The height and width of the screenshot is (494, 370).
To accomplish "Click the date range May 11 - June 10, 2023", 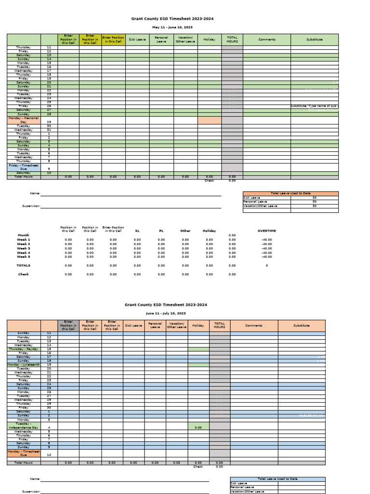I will tap(172, 27).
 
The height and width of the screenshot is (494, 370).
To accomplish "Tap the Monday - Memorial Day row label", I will tap(24, 120).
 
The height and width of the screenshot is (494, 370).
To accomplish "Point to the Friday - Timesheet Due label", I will tap(24, 167).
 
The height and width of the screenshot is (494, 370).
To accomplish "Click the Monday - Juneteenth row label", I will tap(24, 364).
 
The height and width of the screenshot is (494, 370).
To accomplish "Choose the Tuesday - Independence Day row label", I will tap(24, 425).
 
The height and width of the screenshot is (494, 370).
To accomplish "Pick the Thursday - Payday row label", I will tap(24, 349).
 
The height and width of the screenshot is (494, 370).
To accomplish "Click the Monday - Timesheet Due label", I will tap(24, 453).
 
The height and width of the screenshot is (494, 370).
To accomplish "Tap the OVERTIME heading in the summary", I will tap(266, 231).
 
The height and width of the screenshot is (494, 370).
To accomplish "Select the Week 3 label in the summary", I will tap(24, 248).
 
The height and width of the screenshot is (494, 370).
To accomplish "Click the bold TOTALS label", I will tap(24, 265).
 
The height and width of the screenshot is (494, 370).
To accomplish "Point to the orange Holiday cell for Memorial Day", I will tap(209, 120).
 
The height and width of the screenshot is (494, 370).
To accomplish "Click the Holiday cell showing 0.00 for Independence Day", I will tap(198, 427).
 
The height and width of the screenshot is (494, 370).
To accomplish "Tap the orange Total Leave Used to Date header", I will tap(291, 193).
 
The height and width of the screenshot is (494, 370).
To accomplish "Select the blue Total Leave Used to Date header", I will tap(277, 479).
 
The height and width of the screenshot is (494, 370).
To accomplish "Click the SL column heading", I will tap(137, 231).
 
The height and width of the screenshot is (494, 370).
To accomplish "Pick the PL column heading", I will tap(161, 231).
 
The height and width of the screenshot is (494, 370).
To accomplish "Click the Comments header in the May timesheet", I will tap(266, 40).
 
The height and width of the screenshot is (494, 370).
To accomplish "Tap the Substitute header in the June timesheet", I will tap(302, 325).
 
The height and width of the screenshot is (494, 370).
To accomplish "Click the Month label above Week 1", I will tap(24, 235).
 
